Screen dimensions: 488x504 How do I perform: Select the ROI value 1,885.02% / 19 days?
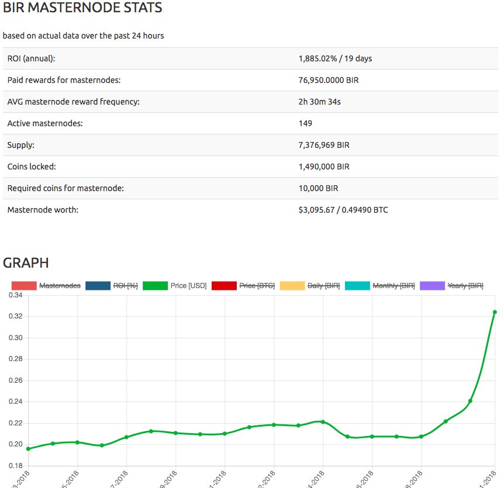(x=335, y=58)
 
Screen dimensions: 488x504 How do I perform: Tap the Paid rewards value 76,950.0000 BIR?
(x=328, y=80)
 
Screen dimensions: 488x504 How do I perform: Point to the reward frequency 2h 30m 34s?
(x=319, y=102)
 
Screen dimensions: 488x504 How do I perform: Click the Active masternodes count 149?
(x=305, y=123)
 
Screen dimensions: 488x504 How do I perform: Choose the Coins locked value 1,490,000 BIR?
(x=324, y=167)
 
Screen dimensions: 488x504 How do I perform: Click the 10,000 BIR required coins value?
(x=318, y=188)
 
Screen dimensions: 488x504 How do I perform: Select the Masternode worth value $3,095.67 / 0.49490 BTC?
(x=343, y=210)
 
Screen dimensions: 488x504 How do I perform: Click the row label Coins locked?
(x=32, y=167)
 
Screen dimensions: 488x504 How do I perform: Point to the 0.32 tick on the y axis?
(x=15, y=316)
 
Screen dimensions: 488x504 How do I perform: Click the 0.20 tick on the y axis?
(x=15, y=444)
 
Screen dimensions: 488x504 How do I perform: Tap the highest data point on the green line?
(x=495, y=312)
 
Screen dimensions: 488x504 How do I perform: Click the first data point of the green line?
(x=28, y=448)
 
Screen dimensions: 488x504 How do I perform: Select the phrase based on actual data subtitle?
(x=83, y=36)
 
